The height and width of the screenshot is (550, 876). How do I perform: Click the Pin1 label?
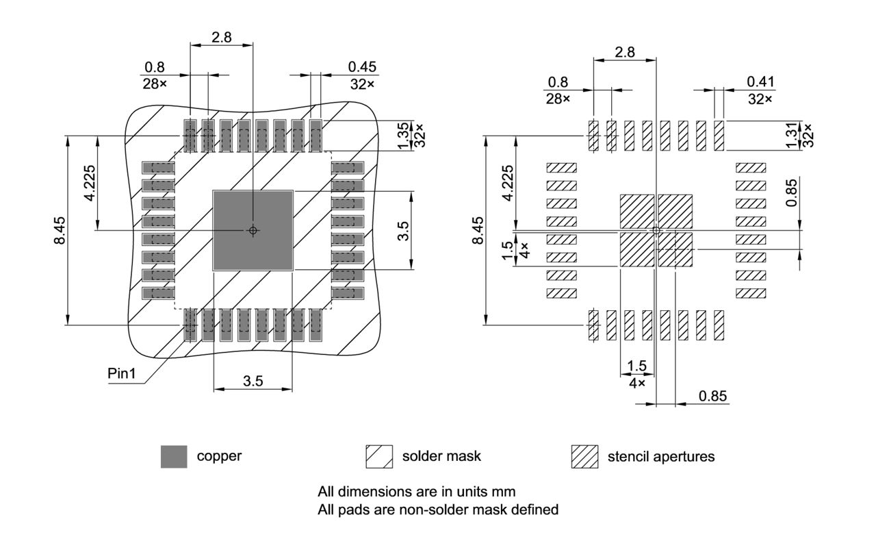[x=123, y=375]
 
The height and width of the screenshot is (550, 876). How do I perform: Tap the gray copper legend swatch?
[x=174, y=456]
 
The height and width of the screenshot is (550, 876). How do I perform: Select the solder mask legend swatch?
[x=378, y=456]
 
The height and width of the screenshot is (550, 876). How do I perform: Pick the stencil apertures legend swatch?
[x=584, y=456]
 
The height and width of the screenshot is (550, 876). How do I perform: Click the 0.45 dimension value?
[x=362, y=66]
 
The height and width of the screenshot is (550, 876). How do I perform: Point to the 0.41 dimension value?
[x=762, y=82]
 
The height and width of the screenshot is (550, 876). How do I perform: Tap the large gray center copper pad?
[x=253, y=230]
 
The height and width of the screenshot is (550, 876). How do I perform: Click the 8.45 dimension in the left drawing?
[x=61, y=230]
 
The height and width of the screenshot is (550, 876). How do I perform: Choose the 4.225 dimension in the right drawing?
[x=507, y=183]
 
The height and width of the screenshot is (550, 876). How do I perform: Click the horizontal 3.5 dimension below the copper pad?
[x=253, y=382]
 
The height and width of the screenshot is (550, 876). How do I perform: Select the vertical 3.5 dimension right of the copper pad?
[x=404, y=230]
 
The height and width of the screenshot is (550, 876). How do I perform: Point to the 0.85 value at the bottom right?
[x=712, y=396]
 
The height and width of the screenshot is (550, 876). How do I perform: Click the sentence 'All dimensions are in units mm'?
[x=416, y=491]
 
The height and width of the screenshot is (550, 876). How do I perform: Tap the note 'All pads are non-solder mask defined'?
[x=438, y=509]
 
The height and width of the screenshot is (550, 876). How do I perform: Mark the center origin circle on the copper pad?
[x=253, y=230]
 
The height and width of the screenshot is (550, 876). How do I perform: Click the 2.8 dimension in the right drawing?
[x=625, y=52]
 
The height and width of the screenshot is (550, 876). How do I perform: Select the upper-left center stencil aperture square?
[x=637, y=211]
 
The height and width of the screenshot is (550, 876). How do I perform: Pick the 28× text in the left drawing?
[x=155, y=84]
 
